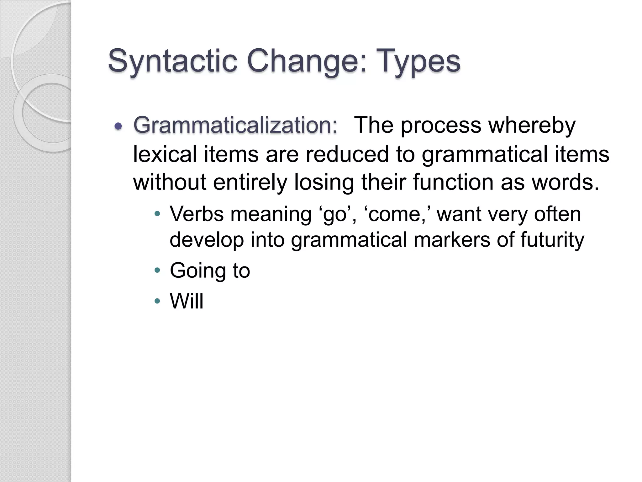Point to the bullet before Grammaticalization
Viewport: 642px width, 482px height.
(x=118, y=126)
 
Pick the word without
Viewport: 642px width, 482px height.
(x=170, y=182)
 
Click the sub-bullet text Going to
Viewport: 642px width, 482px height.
(x=210, y=270)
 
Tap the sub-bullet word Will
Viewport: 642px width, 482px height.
(x=187, y=301)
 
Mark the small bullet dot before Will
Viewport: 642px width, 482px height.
(x=157, y=301)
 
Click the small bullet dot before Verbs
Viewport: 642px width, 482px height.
(x=157, y=214)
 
